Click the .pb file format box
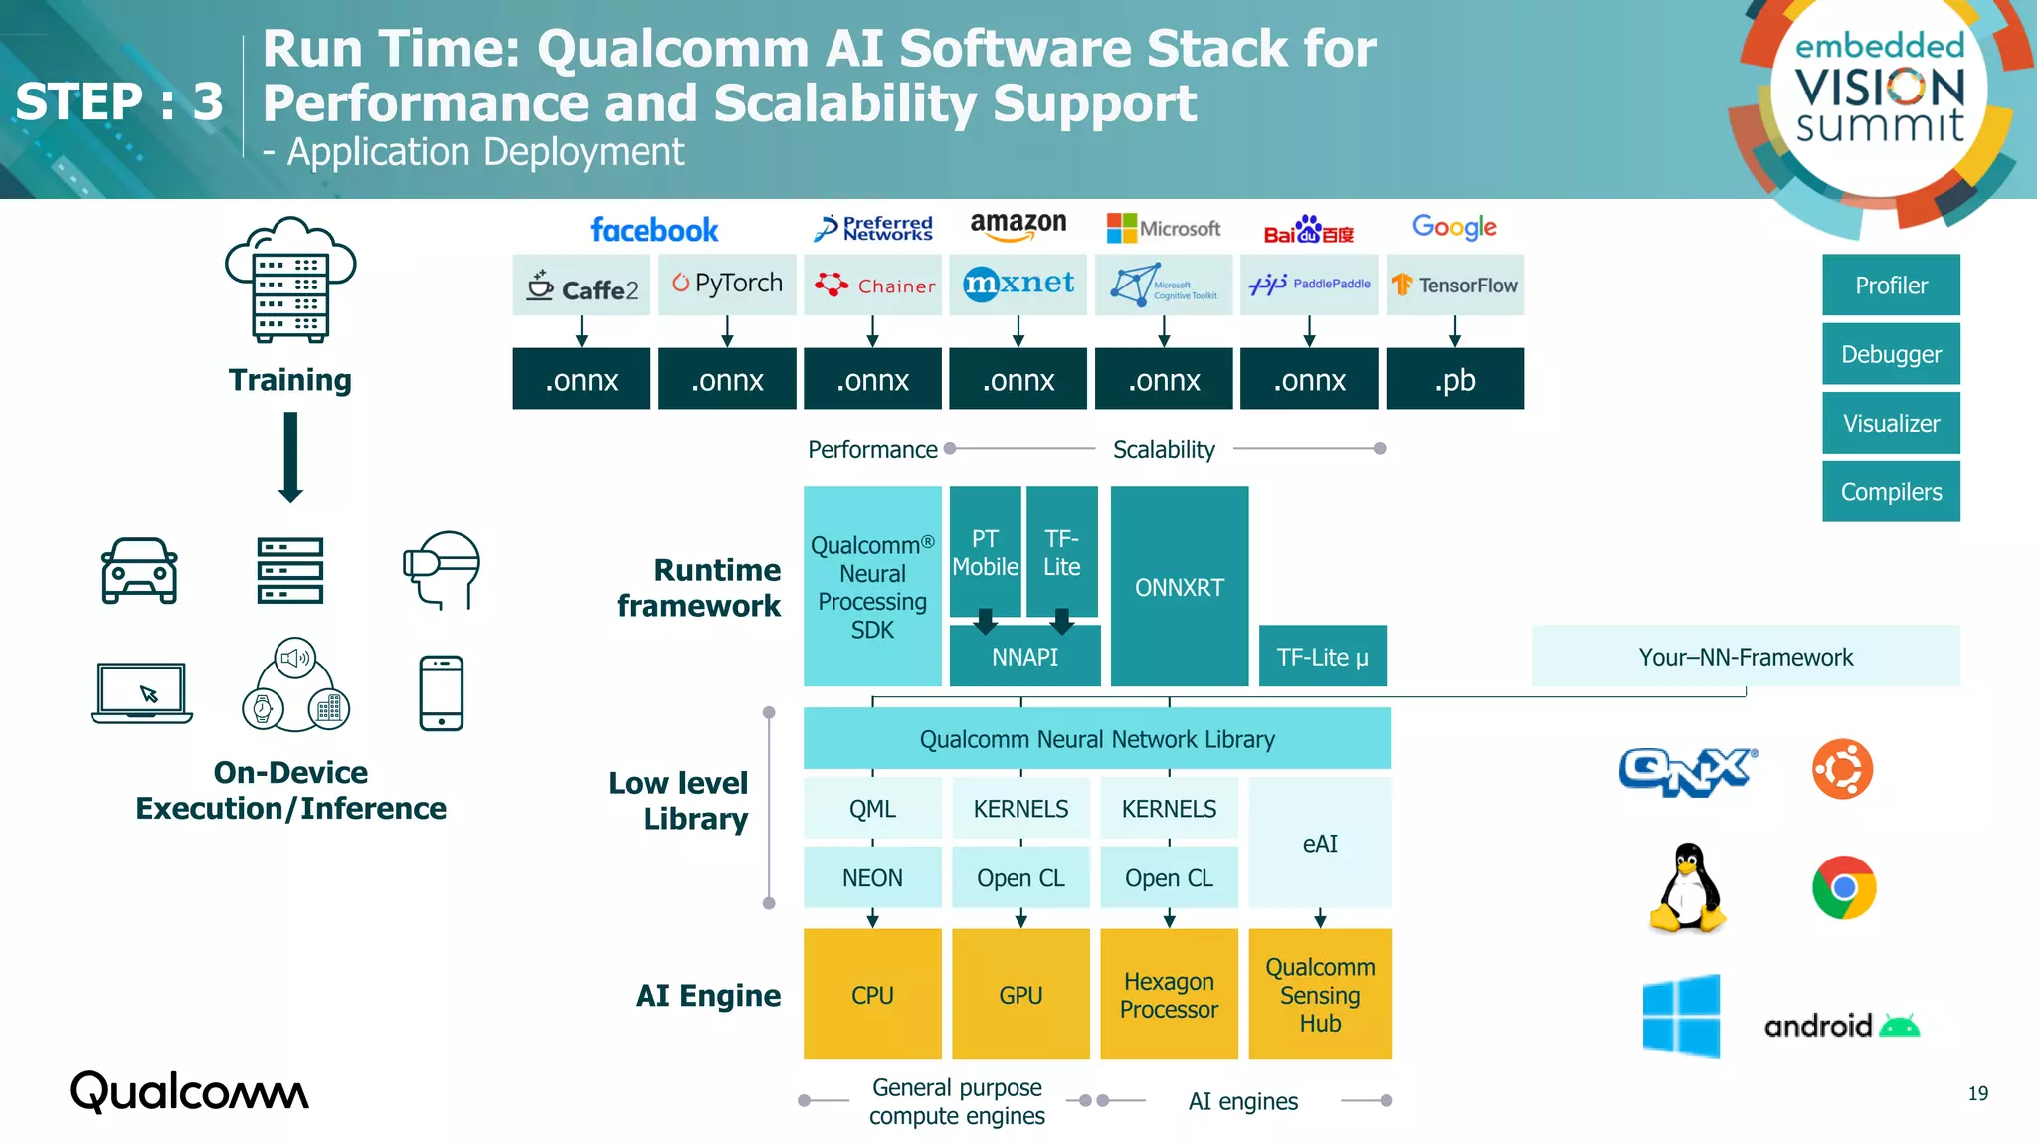1454,379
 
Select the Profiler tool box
1891,286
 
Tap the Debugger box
1891,354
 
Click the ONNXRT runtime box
1179,587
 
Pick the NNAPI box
1024,657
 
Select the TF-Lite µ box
1322,657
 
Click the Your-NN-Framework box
1746,657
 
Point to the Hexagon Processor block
1169,995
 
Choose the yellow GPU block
1020,995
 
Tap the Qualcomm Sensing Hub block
1320,995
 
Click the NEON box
872,878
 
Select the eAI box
1320,844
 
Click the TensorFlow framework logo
1454,286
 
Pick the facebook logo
653,230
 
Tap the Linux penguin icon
1687,887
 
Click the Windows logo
1681,1016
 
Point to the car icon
139,571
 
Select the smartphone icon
441,693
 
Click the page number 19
1977,1093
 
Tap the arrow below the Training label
290,458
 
